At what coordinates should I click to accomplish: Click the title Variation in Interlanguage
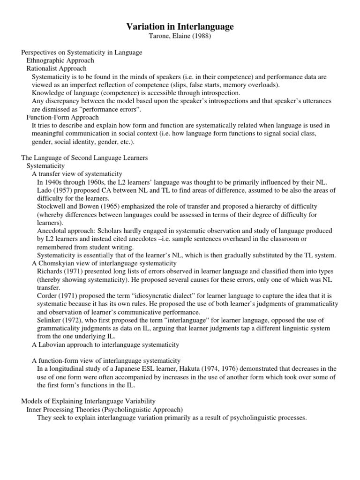point(180,27)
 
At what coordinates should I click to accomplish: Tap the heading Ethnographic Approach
point(60,60)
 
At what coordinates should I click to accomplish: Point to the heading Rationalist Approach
point(56,68)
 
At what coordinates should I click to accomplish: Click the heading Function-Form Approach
point(62,117)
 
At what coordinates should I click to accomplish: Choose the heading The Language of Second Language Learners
point(85,158)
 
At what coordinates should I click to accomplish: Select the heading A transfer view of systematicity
point(77,174)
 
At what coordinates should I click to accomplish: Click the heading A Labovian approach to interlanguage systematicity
point(105,345)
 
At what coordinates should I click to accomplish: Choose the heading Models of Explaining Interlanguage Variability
point(89,401)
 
